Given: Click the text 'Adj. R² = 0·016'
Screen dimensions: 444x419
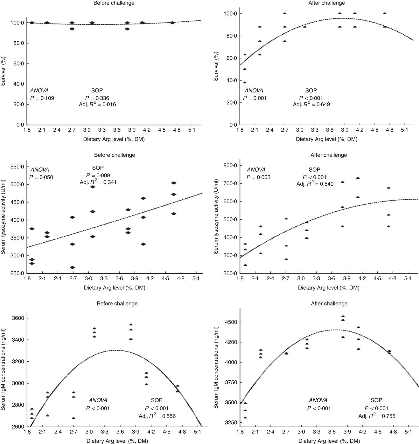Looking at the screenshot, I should (x=97, y=104).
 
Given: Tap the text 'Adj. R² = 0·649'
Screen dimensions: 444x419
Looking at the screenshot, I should (x=311, y=104).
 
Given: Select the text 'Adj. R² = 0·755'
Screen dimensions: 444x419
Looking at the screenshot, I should (x=377, y=416).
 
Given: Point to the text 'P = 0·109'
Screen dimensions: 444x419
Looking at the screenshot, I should (x=42, y=98).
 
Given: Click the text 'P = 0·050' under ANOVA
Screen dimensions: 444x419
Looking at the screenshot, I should (x=42, y=177).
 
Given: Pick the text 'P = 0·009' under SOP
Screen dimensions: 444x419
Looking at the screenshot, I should (x=98, y=175).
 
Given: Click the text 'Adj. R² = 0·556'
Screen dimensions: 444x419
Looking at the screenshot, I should (x=157, y=416).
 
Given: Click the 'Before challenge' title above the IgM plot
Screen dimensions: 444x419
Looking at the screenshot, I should (x=117, y=304).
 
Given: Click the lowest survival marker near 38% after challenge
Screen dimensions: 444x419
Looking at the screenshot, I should (x=245, y=82).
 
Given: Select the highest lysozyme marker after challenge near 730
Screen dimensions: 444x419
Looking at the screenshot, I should (x=358, y=178).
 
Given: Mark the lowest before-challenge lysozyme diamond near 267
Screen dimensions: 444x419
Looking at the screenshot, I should (x=73, y=267).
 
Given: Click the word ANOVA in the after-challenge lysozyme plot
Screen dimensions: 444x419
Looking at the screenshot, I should (x=256, y=170).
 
